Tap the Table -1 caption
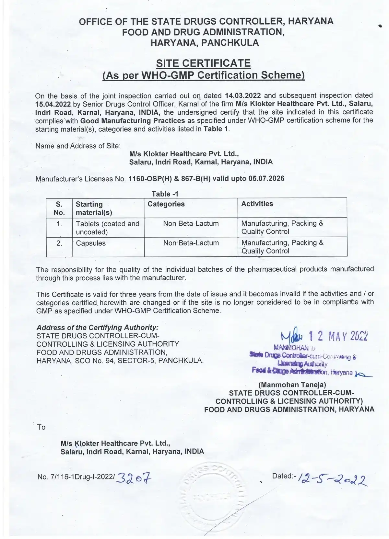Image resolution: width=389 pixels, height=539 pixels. [x=165, y=194]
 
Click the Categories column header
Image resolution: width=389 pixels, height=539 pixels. [x=166, y=204]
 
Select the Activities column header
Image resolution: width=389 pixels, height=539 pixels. [x=257, y=204]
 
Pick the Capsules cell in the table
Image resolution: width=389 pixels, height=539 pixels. [x=91, y=243]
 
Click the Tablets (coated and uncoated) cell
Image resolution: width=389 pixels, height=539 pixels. [x=107, y=228]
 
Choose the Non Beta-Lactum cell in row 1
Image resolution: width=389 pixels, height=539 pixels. [x=191, y=224]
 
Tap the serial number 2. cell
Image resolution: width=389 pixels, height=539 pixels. [x=59, y=243]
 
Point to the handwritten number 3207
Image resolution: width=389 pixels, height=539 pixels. [x=134, y=477]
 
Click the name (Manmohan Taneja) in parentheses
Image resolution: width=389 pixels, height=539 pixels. [x=292, y=385]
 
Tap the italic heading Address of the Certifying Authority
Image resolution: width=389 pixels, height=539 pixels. [x=98, y=327]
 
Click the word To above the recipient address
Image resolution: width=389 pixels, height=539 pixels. [x=41, y=427]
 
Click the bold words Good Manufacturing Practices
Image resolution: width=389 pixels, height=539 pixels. [x=133, y=121]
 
